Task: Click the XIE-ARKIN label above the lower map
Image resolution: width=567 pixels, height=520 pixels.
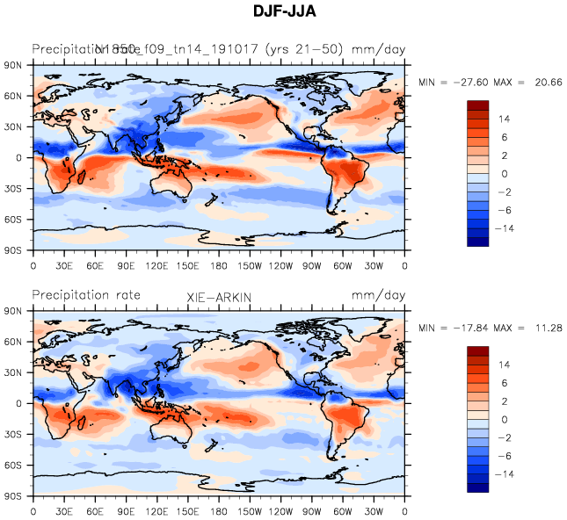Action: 219,299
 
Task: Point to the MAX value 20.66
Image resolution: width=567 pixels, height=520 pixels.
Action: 545,82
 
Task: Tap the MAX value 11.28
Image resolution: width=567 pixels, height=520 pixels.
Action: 545,328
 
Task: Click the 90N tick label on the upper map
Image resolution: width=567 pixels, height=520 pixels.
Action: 14,65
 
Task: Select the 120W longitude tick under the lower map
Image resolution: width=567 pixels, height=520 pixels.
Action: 281,511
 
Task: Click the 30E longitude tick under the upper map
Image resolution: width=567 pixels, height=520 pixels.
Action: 64,265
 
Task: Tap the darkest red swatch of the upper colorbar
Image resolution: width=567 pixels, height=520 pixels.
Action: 477,105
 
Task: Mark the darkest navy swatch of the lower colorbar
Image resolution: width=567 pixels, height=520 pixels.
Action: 477,487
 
